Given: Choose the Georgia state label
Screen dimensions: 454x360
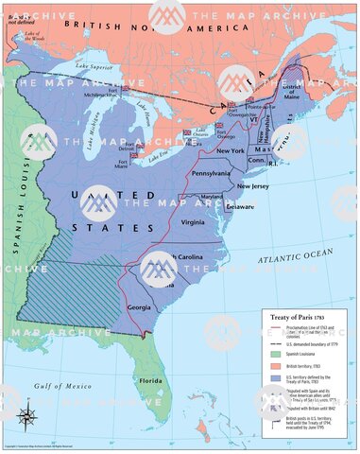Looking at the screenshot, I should pyautogui.click(x=139, y=306).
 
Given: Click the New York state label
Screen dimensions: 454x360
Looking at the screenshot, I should pyautogui.click(x=231, y=151).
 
